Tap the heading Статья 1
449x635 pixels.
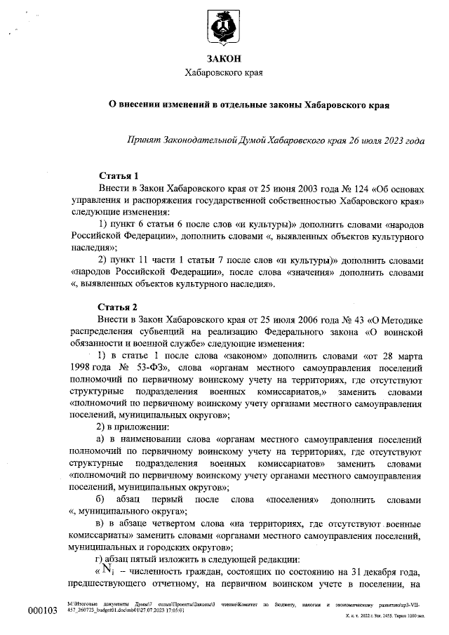(x=119, y=175)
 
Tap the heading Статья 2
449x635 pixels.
(x=119, y=306)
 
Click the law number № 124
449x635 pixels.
(x=319, y=187)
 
